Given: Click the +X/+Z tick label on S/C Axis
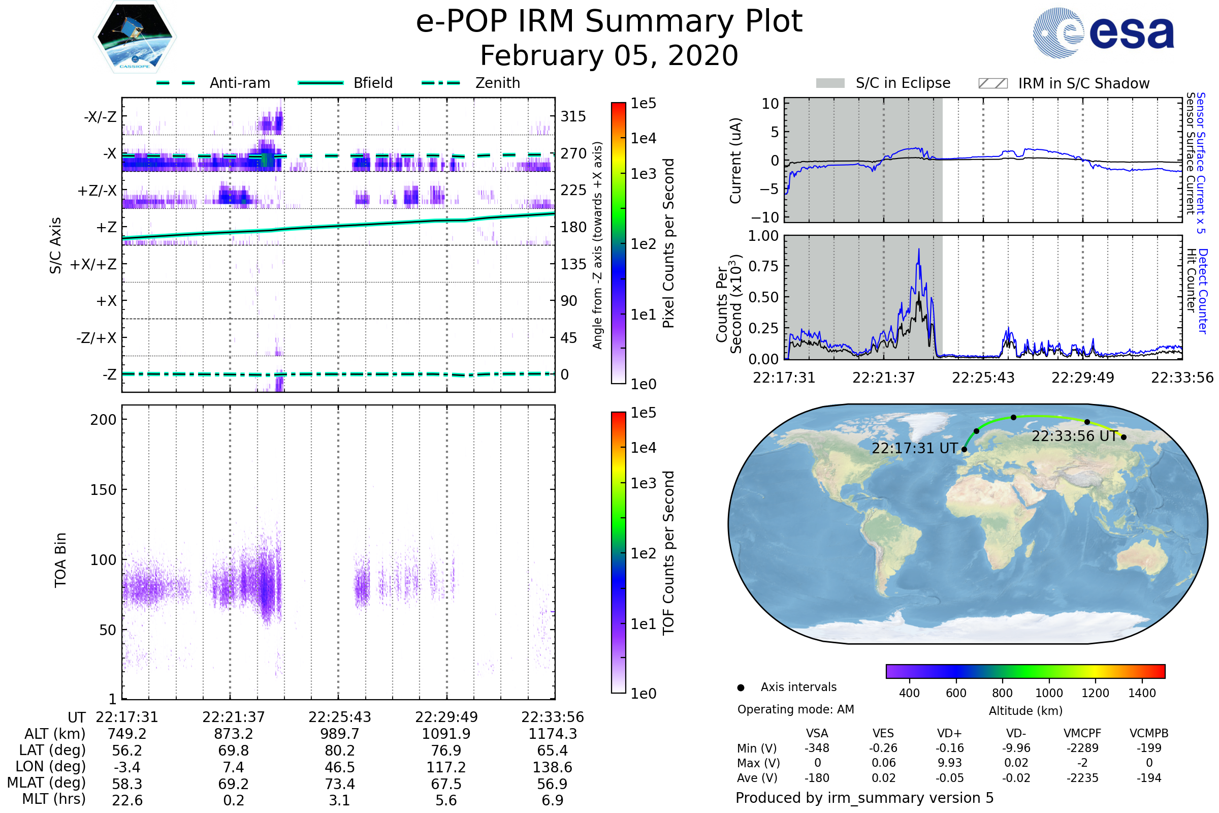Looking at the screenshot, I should pos(93,264).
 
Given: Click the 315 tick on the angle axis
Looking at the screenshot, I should pos(573,116).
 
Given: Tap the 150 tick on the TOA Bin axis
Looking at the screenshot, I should pos(103,490).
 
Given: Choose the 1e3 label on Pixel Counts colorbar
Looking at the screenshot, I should pos(643,174).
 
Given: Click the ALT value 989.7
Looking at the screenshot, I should pos(339,734).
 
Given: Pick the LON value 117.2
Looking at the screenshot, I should pos(446,767).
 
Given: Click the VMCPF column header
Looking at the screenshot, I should pos(1082,734).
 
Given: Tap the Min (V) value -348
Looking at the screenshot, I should pos(817,748).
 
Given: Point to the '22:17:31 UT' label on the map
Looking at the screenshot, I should pos(915,449).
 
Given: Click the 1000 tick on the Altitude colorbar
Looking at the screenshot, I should pos(1048,693).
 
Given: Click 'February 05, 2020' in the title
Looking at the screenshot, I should pos(609,55).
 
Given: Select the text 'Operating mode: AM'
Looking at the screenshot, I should pos(795,709).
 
